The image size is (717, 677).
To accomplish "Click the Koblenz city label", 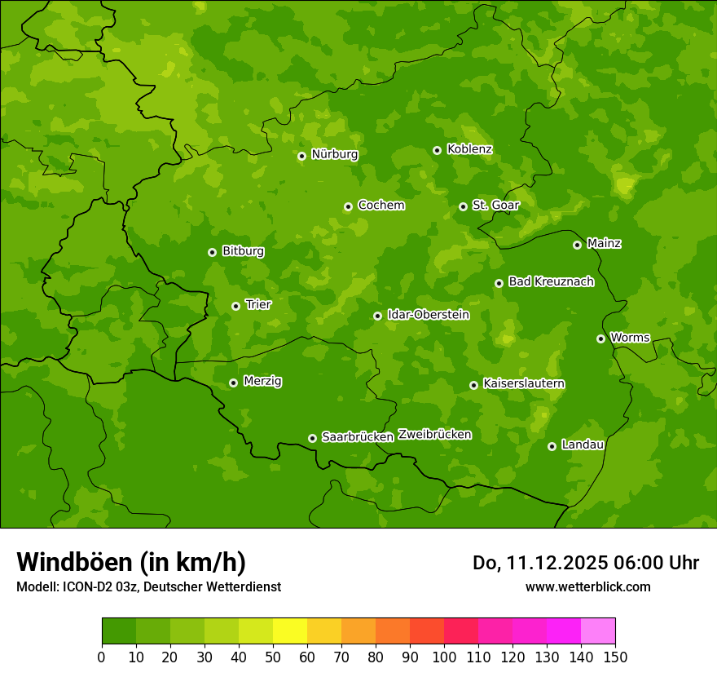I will pos(469,149).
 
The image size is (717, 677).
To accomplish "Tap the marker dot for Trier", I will pos(235,306).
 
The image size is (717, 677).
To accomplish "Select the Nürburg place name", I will pos(334,154).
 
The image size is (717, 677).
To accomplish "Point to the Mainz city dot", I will pos(577,245).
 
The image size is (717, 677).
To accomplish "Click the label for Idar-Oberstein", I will pos(429,315).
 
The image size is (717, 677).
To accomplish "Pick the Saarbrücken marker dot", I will pos(312,438).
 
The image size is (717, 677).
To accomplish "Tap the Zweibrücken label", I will pos(434,435).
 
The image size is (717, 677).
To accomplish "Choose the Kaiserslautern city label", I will pos(524,383).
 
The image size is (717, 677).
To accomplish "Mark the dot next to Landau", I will pos(552,446).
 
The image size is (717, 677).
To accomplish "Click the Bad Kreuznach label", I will pos(551,281).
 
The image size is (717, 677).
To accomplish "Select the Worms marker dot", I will pos(600,338).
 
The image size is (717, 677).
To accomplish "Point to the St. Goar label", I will pos(495,205).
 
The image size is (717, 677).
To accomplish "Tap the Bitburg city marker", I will pos(212,252).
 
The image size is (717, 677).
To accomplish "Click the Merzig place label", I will pos(262,381).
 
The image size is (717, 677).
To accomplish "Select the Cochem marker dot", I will pos(348,206).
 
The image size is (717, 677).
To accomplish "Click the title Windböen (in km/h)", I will pos(130,562).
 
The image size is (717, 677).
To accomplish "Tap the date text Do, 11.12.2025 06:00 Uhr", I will pos(585,563).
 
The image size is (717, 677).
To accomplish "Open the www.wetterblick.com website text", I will pos(587,586).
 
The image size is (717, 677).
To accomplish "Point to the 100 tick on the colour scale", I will pos(444,657).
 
